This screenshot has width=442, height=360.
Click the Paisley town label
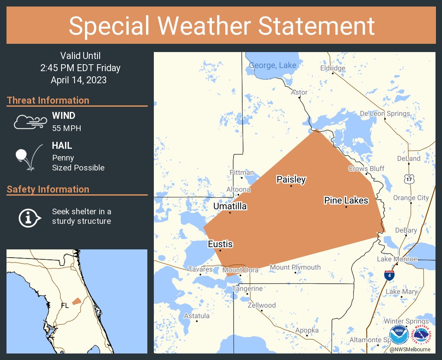(291, 179)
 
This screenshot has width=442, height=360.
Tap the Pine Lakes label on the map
(346, 200)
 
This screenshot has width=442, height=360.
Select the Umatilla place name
(230, 206)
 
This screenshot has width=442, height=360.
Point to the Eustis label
(220, 244)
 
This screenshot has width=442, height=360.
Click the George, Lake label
(273, 65)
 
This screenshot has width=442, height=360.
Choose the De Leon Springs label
(385, 114)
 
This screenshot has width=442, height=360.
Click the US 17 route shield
(409, 179)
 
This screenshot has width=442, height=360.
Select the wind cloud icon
(29, 122)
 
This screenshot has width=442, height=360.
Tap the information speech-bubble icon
(29, 216)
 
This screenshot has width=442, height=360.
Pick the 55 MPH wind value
(66, 128)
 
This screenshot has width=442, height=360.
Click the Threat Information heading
(48, 100)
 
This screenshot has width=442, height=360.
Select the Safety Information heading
(48, 189)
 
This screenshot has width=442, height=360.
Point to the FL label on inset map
(65, 305)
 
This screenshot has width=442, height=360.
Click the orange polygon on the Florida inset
(76, 301)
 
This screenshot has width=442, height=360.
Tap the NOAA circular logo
(399, 335)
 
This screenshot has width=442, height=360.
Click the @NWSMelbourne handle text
(409, 349)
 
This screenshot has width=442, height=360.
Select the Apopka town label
(307, 331)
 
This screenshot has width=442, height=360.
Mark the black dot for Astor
(299, 98)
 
